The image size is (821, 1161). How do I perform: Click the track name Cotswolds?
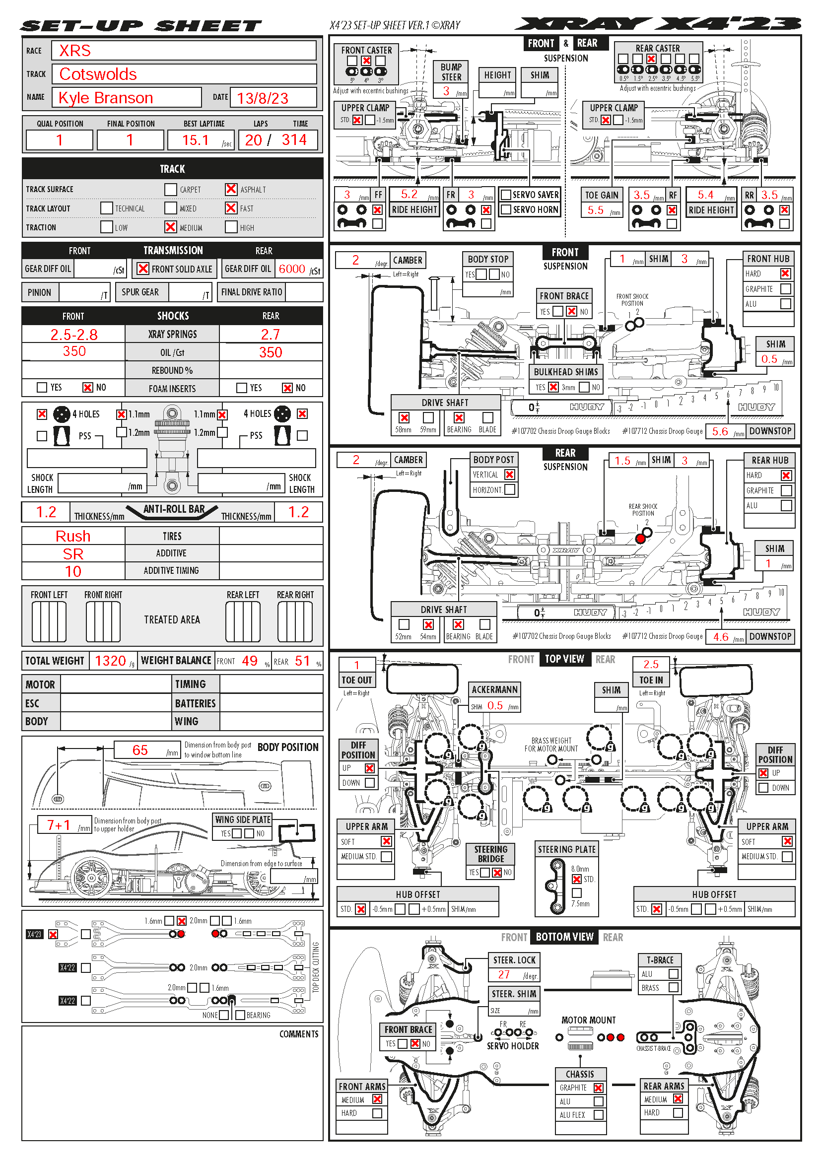[98, 74]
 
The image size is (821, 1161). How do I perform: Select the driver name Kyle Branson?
[106, 98]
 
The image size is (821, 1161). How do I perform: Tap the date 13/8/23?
[263, 98]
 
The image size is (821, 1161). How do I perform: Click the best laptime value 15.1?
[195, 140]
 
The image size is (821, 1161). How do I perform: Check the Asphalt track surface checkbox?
[231, 189]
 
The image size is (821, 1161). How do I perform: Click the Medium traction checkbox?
[171, 227]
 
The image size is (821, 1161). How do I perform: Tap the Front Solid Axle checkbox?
[143, 269]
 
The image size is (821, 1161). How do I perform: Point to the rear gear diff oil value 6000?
[292, 269]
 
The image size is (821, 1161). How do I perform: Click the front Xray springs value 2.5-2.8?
[74, 334]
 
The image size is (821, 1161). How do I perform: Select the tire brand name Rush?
[73, 536]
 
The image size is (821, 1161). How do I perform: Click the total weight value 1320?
[110, 661]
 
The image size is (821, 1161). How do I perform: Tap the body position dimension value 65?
[140, 750]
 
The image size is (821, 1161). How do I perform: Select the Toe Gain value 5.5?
[596, 210]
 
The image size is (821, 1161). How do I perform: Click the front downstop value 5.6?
[720, 431]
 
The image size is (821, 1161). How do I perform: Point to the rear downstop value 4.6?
[720, 637]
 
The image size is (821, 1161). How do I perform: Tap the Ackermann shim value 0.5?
[495, 706]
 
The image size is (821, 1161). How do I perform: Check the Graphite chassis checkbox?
[598, 1088]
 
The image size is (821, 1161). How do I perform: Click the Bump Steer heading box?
[451, 72]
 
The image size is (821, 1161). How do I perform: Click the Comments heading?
[299, 1034]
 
